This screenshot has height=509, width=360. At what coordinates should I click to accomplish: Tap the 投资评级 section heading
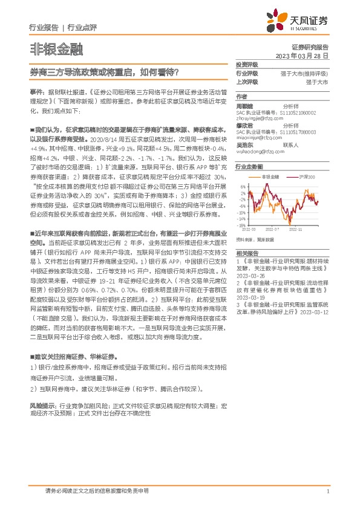point(247,64)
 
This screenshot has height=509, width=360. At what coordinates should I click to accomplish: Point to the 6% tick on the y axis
point(241,186)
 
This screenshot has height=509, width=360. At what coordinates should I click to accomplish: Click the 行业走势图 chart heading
point(249,166)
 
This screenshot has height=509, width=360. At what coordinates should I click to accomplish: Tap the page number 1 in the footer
point(327,492)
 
